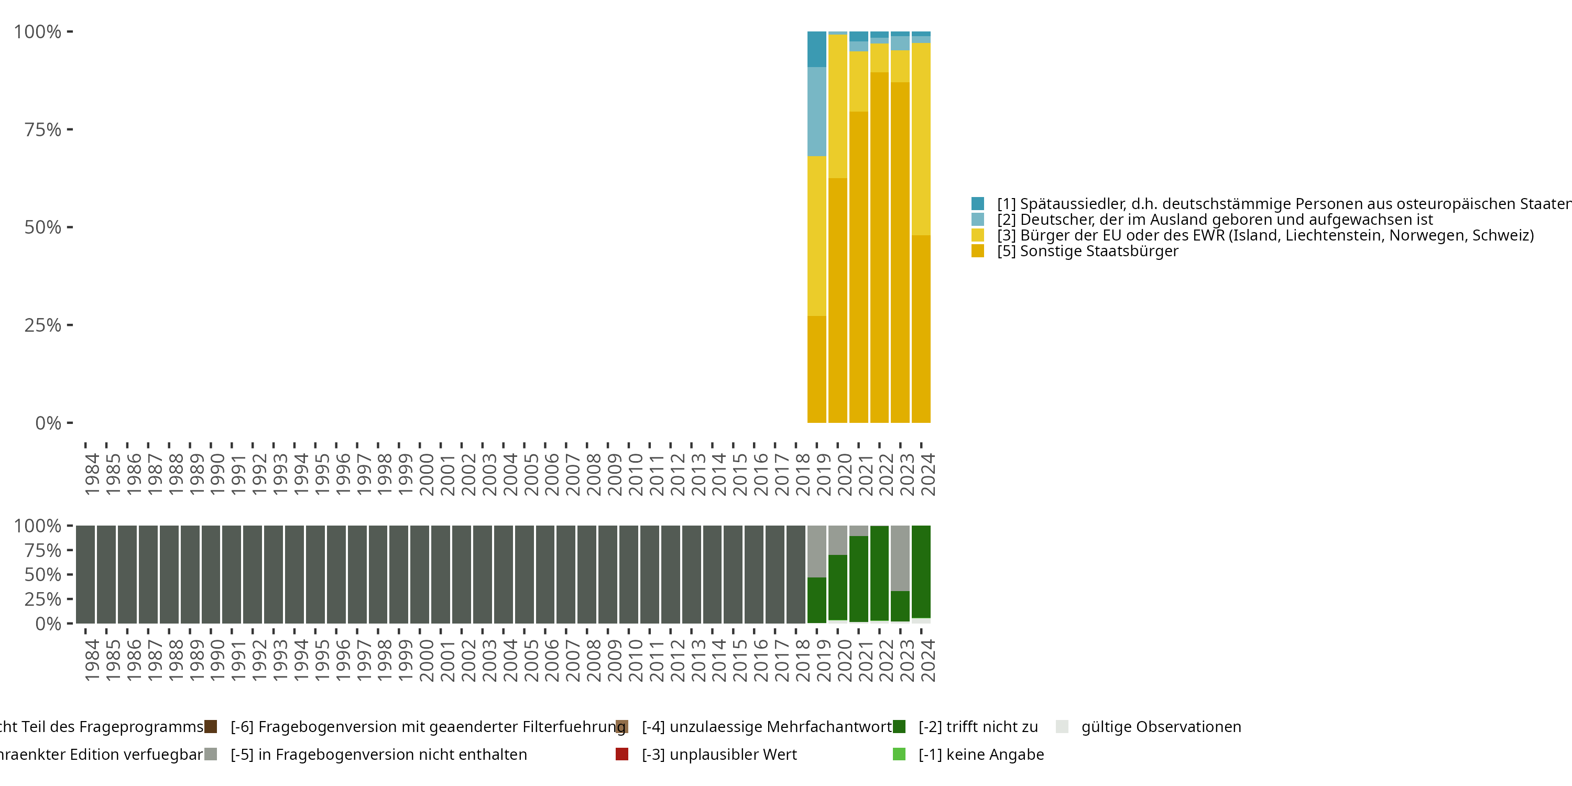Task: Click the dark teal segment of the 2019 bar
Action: tap(816, 49)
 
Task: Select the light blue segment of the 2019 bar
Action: tap(816, 111)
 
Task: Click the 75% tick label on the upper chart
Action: tap(43, 129)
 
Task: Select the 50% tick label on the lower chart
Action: tap(43, 574)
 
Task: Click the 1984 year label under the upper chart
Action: tap(92, 474)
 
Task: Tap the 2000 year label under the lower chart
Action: tap(426, 660)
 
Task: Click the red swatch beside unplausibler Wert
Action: tap(622, 754)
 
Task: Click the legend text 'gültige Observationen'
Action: tap(1161, 727)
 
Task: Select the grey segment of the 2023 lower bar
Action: tap(900, 558)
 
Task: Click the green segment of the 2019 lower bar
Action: tap(816, 600)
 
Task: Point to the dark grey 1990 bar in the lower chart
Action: tap(211, 574)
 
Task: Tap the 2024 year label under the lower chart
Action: tap(927, 660)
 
